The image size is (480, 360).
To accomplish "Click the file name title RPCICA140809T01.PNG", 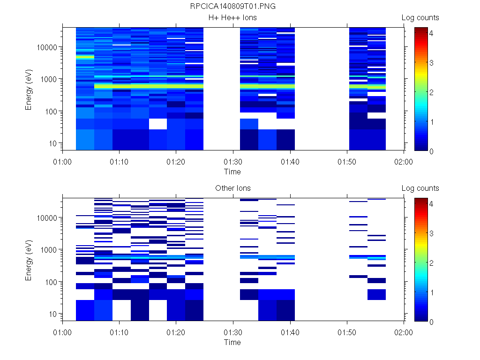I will [232, 7].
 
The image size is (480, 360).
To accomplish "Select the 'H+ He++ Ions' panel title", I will [232, 18].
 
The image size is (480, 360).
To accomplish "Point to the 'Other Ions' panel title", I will [232, 188].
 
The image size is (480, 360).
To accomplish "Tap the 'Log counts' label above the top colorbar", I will [420, 18].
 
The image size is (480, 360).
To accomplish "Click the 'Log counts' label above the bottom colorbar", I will [420, 188].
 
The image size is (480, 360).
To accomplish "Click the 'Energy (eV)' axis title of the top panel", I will [29, 89].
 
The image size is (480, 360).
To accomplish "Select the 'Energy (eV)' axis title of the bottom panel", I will [29, 259].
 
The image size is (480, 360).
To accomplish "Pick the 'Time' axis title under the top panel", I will [232, 172].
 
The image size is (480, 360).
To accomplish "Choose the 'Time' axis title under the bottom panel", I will [232, 342].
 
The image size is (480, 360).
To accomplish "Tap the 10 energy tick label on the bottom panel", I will [53, 314].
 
